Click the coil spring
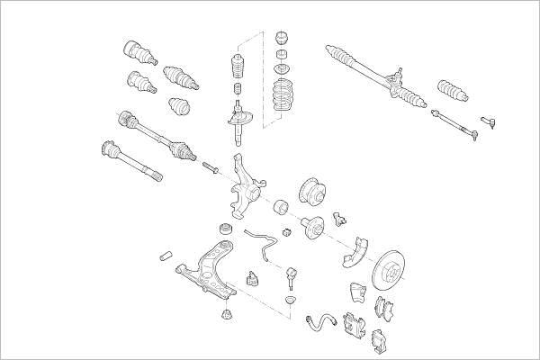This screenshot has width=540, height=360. [286, 97]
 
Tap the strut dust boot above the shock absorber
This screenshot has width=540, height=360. [238, 68]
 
